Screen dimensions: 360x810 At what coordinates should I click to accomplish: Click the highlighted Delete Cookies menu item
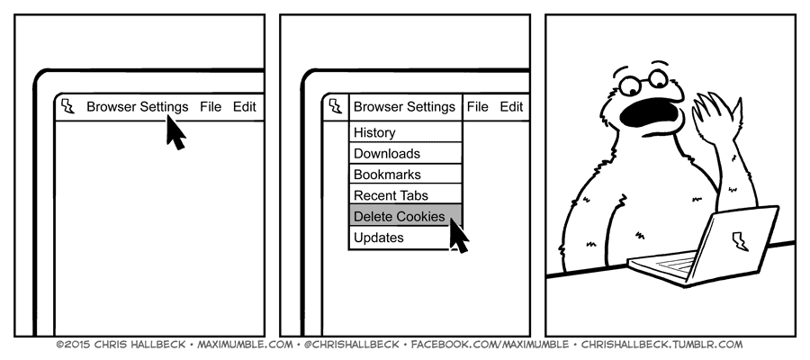[399, 217]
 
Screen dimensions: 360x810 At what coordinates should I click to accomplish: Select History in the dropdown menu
[374, 132]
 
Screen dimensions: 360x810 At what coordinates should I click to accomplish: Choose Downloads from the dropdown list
[387, 154]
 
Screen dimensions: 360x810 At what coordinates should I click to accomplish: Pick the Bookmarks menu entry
[387, 175]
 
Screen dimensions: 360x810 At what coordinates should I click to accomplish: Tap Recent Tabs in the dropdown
[391, 195]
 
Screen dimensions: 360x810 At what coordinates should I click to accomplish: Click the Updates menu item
[379, 238]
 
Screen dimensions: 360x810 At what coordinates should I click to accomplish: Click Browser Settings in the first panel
[138, 106]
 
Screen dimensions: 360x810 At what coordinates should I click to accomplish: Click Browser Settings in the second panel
[404, 106]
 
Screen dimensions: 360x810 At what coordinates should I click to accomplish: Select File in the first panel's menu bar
[211, 106]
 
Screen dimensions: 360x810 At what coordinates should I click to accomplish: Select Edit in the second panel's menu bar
[511, 106]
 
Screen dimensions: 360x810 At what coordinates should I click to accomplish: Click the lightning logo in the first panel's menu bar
[67, 106]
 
